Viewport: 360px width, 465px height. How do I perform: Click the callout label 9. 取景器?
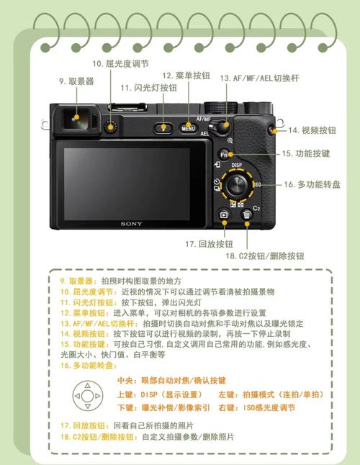coord(76,81)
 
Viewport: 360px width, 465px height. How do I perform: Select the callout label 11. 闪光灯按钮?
coord(148,88)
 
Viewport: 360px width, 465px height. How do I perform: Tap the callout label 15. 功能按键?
coord(305,153)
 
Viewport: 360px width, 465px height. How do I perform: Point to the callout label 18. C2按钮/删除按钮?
coord(264,256)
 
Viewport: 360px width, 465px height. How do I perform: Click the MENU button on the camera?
coord(188,129)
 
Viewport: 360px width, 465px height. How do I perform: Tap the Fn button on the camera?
coord(224,155)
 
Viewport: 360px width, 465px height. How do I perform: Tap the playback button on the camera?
coord(224,214)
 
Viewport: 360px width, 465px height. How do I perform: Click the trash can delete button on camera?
coord(247,214)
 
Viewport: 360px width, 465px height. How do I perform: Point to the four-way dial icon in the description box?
coord(87,395)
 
